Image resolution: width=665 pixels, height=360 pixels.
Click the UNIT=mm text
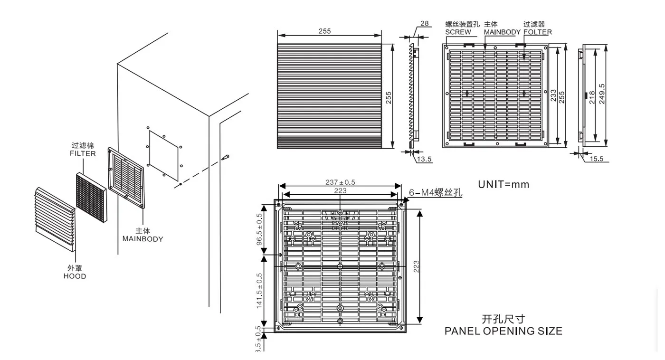tap(503, 184)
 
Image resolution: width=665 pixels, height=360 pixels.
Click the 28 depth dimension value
tap(424, 23)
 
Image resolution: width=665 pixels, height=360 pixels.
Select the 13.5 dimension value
tap(425, 160)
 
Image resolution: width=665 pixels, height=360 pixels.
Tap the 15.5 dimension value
tap(597, 159)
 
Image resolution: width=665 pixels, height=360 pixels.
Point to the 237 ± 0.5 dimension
tap(340, 182)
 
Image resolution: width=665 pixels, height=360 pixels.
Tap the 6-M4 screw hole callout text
tap(435, 193)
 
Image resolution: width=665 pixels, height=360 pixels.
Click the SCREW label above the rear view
tap(458, 32)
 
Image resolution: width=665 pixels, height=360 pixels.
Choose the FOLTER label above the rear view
tap(538, 32)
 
